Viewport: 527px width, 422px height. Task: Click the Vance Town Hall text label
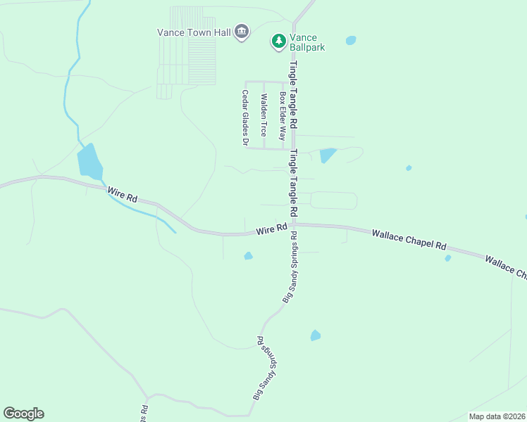[x=194, y=32]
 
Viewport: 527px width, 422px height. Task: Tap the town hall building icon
[x=242, y=32]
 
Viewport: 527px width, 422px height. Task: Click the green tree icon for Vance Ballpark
[x=279, y=42]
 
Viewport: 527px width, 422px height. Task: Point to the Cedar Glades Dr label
[x=245, y=117]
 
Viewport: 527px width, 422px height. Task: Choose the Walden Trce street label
[x=263, y=115]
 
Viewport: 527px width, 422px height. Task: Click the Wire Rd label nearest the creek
[x=121, y=194]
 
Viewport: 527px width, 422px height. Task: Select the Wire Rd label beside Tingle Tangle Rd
[x=271, y=229]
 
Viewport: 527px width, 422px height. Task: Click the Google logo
[x=23, y=413]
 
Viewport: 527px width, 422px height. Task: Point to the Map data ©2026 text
[x=497, y=416]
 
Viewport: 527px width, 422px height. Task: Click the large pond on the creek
[x=89, y=162]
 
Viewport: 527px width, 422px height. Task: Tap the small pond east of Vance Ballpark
[x=351, y=41]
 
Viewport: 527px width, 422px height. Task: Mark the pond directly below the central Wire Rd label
[x=248, y=256]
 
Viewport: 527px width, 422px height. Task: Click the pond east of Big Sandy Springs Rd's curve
[x=316, y=335]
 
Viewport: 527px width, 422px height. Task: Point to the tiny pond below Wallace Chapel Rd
[x=448, y=258]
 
